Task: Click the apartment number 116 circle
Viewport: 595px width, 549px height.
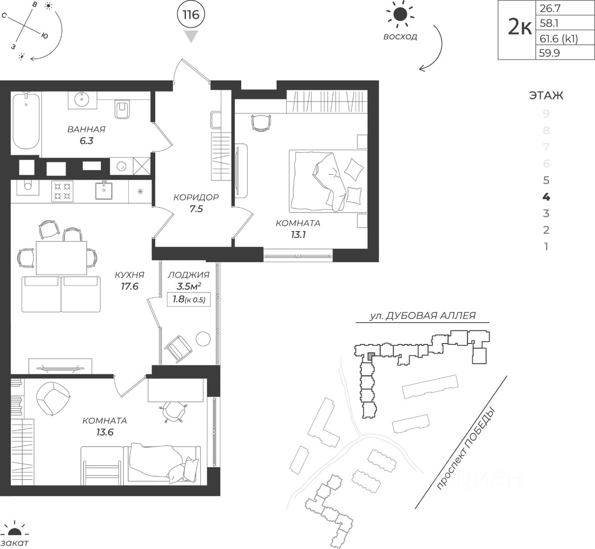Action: [191, 14]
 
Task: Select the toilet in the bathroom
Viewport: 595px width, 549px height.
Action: [122, 109]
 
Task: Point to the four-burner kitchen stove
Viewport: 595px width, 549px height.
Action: [62, 191]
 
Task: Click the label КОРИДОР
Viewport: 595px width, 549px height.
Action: [196, 197]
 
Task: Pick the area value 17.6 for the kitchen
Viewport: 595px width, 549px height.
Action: [130, 286]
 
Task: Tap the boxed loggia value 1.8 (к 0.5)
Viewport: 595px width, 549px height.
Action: [189, 299]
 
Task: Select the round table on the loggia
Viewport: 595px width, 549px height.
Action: [203, 338]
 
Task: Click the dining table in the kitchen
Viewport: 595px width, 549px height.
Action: [61, 258]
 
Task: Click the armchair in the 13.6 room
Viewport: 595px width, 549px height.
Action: [53, 398]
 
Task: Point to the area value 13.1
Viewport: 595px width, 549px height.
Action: [298, 235]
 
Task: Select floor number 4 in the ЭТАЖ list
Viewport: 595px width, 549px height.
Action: [546, 197]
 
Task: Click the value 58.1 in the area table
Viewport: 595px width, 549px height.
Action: [549, 23]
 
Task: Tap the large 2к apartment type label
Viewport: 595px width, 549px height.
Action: [520, 27]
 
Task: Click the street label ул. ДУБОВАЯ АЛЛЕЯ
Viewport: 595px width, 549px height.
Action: [423, 316]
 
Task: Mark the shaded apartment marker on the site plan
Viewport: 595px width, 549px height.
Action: [371, 356]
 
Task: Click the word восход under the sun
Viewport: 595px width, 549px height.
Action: [400, 37]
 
